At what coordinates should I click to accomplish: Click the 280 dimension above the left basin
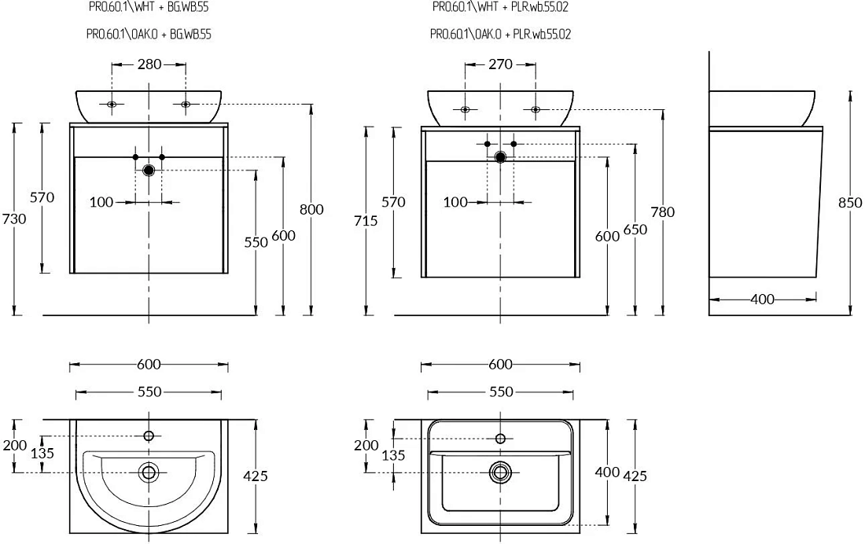click(x=149, y=64)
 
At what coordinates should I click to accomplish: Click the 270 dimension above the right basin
click(x=500, y=64)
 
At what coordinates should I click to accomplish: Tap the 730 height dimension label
click(x=14, y=219)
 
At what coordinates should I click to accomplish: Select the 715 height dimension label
click(x=366, y=221)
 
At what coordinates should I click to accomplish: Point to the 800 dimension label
click(x=311, y=210)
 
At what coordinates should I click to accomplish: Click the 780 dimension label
click(x=663, y=212)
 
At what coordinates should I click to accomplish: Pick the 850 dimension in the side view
click(x=850, y=203)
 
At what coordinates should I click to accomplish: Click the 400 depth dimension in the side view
click(x=763, y=300)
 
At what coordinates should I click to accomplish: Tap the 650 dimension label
click(x=635, y=230)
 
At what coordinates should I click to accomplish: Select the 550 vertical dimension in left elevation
click(x=256, y=242)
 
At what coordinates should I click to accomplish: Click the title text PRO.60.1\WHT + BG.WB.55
click(x=149, y=7)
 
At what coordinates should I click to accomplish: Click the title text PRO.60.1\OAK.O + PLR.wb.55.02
click(x=500, y=35)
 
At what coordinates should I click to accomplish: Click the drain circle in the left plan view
click(x=149, y=472)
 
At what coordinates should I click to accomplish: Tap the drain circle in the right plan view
click(x=500, y=472)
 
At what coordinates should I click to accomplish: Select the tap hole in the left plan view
click(x=149, y=436)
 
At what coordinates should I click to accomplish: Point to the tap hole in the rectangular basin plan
click(x=500, y=439)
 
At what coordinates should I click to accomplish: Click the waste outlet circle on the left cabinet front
click(x=149, y=171)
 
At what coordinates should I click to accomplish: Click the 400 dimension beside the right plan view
click(x=607, y=472)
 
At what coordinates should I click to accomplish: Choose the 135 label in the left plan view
click(x=42, y=454)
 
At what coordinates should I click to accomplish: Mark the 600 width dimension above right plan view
click(x=500, y=365)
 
